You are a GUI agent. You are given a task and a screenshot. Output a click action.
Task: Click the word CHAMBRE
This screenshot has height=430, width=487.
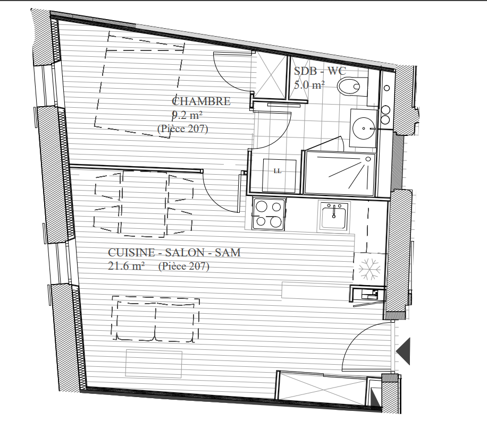click(x=201, y=101)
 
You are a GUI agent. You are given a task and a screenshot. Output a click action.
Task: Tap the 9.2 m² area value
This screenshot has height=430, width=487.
click(x=187, y=115)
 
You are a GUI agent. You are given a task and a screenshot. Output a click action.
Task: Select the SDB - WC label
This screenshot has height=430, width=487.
click(x=320, y=71)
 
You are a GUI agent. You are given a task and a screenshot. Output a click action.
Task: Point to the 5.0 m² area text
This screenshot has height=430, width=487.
click(x=309, y=84)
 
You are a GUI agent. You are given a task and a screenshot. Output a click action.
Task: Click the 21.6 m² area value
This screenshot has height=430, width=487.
click(x=126, y=265)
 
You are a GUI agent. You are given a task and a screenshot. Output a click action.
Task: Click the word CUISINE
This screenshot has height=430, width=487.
click(x=131, y=253)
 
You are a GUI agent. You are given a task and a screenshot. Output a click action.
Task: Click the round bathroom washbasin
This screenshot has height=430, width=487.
click(x=364, y=128)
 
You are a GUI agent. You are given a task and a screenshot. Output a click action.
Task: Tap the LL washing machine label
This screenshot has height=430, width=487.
click(x=278, y=171)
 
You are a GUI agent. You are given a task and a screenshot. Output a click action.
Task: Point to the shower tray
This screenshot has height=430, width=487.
click(x=340, y=174)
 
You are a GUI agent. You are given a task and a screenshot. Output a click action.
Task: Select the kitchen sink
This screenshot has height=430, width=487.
click(x=334, y=216)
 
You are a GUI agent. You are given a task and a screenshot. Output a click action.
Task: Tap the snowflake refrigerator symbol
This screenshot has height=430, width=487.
click(x=370, y=269)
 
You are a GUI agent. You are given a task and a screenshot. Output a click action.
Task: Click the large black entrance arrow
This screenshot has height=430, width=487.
click(x=403, y=351)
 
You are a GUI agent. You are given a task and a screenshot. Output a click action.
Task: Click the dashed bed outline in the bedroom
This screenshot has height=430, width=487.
click(x=140, y=84)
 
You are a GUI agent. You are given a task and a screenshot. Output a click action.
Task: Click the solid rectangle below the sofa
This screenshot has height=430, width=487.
click(x=154, y=364)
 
